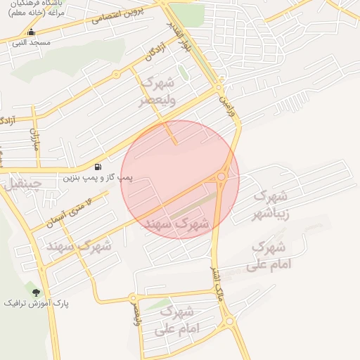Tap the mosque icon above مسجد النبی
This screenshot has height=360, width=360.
click(30, 32)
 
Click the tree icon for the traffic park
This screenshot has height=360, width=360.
click(36, 292)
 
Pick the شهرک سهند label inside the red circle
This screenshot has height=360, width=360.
click(177, 224)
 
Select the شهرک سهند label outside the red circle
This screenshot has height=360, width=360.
click(79, 246)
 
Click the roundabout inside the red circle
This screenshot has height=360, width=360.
click(223, 176)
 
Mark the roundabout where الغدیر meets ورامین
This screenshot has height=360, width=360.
click(219, 87)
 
